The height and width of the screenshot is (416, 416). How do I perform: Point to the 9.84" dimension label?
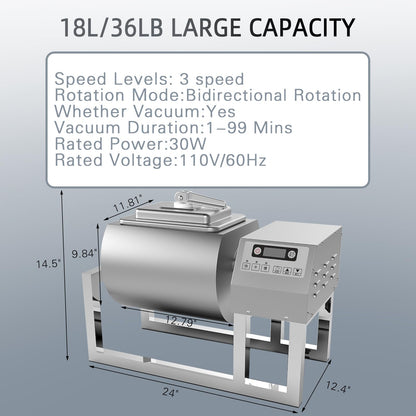[83, 254]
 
